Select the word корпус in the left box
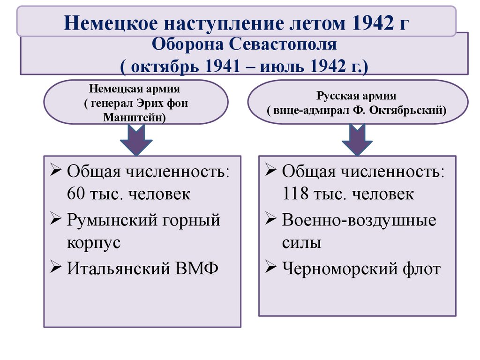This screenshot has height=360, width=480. pyautogui.click(x=94, y=244)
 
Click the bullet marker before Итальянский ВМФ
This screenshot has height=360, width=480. pyautogui.click(x=55, y=269)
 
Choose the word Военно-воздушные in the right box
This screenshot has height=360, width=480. pyautogui.click(x=359, y=220)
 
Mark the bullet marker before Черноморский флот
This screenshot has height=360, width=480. pyautogui.click(x=270, y=268)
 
